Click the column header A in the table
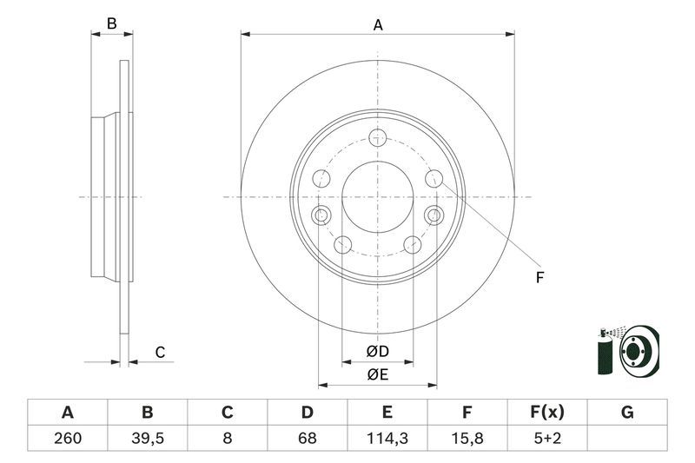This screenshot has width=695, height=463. (67, 413)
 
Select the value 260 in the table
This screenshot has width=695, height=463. (67, 439)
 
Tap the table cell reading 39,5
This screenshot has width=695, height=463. (147, 439)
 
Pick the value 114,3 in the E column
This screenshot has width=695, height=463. (387, 439)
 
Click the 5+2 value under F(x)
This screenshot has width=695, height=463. (547, 439)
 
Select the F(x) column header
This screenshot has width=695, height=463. (547, 413)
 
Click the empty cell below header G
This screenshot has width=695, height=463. (627, 439)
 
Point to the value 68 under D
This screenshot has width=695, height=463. (308, 439)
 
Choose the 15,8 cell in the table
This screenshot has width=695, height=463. (467, 439)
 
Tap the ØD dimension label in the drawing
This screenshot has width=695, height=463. (377, 352)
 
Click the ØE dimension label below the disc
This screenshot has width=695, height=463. (377, 374)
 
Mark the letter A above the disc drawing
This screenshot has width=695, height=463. (378, 25)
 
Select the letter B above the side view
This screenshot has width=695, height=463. (111, 24)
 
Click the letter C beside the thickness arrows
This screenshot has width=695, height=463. (160, 352)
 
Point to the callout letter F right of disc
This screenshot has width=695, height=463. (539, 278)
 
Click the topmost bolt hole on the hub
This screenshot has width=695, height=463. (377, 136)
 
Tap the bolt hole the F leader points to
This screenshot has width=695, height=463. (434, 179)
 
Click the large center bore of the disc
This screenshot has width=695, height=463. (377, 196)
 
